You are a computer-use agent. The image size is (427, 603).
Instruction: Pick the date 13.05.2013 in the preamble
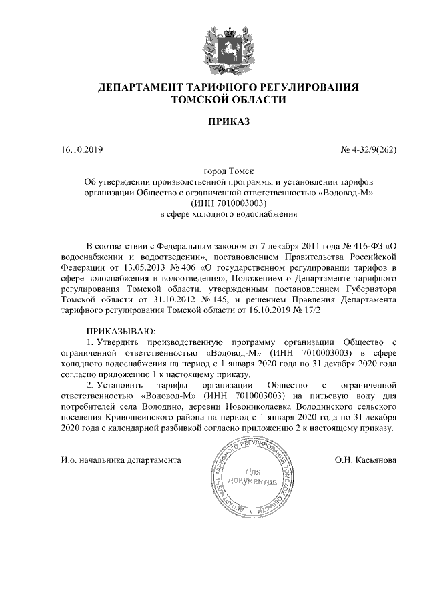129,267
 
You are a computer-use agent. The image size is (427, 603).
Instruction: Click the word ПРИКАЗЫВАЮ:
121,331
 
